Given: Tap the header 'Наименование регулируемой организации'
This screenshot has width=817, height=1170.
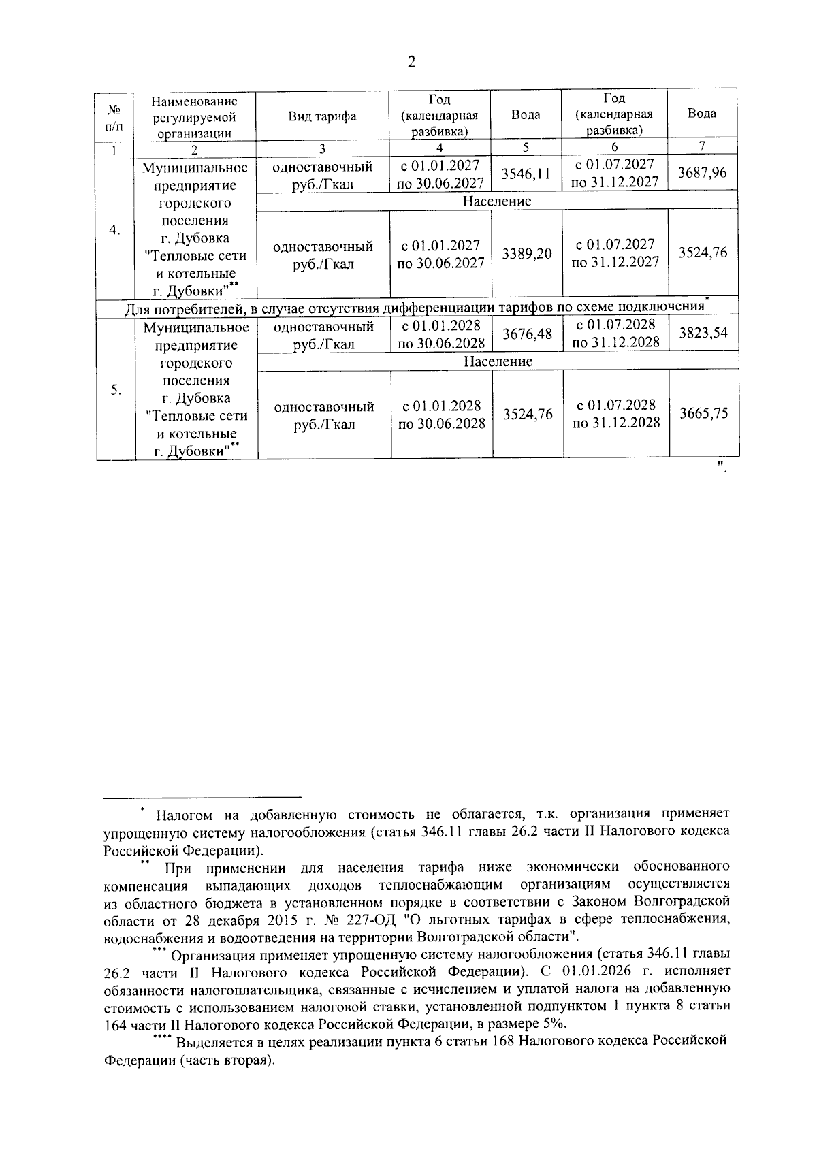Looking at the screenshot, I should (x=195, y=117).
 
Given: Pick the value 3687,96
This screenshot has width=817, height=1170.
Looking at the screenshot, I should (x=702, y=173).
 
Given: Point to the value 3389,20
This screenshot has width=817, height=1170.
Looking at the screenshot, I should (x=526, y=254).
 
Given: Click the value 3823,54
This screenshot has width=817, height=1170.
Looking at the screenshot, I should (x=703, y=334).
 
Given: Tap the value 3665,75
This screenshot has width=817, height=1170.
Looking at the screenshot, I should (x=703, y=413).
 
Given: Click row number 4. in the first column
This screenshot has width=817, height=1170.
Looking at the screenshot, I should (x=115, y=230).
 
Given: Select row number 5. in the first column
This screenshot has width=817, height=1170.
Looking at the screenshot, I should (x=116, y=390).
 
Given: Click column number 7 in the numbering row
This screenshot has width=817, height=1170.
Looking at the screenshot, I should (x=702, y=146).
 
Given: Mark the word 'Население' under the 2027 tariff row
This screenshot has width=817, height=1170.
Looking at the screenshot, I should (x=497, y=201).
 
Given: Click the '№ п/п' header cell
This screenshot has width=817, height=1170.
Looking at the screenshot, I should (x=115, y=117).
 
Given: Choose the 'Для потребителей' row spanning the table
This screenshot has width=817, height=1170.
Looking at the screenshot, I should (x=417, y=309).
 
